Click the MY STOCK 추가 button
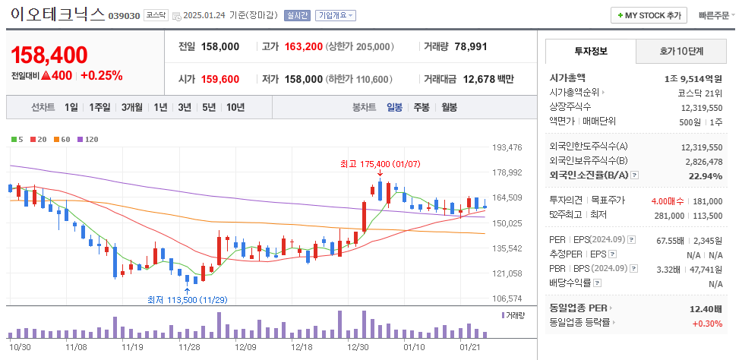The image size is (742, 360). (x=649, y=15)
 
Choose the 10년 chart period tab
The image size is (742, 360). (x=235, y=107)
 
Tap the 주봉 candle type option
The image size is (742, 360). (x=422, y=107)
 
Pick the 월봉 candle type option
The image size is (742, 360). (x=449, y=107)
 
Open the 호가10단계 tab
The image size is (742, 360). (x=680, y=52)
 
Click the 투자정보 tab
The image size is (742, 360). (x=590, y=52)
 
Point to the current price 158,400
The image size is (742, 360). (x=49, y=55)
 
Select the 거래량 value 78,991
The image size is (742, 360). (x=471, y=46)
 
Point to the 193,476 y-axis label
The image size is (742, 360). (x=507, y=147)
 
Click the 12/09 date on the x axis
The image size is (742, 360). (x=245, y=346)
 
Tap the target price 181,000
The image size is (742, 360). (x=707, y=201)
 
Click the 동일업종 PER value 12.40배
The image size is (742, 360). (x=706, y=308)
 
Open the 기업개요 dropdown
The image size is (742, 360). (x=335, y=15)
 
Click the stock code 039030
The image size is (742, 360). (x=125, y=16)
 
